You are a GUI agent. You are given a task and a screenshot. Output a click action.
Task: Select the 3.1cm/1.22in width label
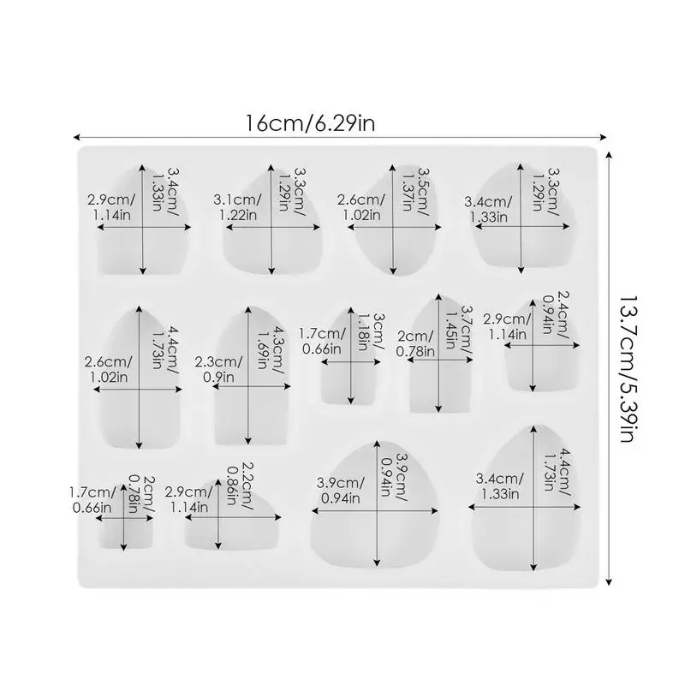pos(235,206)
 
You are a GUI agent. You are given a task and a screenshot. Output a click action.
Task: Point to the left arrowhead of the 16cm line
pos(76,135)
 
